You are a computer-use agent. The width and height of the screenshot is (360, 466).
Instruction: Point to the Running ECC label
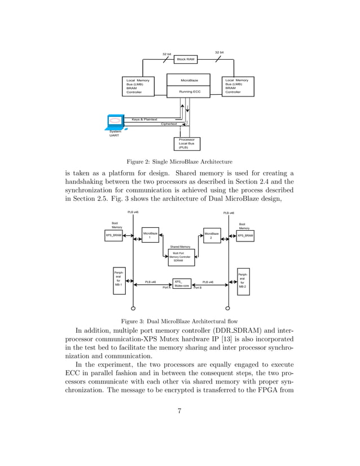(189, 91)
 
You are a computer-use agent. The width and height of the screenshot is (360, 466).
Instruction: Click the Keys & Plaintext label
(144, 120)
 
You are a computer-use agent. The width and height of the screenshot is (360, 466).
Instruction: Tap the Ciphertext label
(169, 124)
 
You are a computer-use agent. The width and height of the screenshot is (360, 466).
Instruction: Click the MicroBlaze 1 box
(150, 236)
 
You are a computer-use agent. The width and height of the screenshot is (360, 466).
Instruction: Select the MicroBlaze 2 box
(211, 236)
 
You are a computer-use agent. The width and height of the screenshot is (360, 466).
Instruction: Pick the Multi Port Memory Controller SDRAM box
(181, 257)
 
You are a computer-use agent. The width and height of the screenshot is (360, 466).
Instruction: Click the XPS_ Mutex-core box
(181, 283)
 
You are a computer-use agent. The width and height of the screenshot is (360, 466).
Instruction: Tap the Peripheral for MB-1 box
(118, 279)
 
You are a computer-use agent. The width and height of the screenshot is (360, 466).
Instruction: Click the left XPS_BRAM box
(113, 236)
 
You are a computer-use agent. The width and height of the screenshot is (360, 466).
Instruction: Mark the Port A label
(166, 288)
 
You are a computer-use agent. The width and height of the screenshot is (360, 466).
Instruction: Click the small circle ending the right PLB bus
(228, 309)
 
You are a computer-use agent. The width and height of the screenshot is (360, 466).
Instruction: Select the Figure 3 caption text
(180, 322)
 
